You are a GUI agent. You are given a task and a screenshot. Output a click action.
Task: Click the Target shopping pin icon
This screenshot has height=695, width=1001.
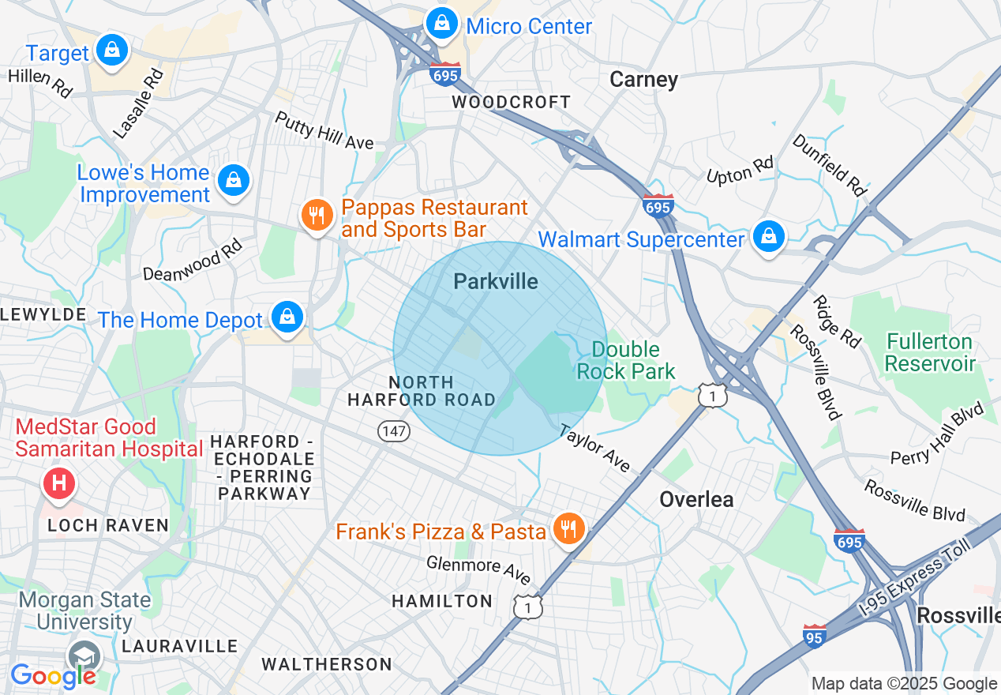point(112,51)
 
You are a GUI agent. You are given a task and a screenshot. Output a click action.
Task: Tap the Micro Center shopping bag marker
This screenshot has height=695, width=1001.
point(442,23)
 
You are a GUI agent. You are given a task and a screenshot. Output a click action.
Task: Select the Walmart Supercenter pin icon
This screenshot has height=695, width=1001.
point(768,236)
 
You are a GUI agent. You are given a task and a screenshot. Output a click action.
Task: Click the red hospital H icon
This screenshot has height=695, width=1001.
point(58,483)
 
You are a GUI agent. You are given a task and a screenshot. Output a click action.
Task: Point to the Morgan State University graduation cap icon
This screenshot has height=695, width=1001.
point(84,656)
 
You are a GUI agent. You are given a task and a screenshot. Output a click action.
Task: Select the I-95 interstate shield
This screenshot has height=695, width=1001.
point(815,636)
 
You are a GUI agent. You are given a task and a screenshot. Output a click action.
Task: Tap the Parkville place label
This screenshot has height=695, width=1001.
point(496,282)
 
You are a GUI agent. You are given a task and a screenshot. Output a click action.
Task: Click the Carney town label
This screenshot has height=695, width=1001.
point(643,80)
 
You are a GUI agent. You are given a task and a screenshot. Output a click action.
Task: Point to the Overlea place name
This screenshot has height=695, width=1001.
point(696,499)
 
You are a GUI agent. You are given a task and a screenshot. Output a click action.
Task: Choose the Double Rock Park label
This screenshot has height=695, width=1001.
point(626,360)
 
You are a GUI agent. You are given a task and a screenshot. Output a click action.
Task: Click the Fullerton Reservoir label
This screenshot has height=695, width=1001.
point(930,353)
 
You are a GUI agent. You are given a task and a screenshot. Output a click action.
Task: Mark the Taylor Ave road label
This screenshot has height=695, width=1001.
point(595,449)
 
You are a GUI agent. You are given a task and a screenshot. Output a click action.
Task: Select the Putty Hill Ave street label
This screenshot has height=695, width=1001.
point(324,130)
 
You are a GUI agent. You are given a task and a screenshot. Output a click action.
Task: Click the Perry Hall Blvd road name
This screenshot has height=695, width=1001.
point(937,434)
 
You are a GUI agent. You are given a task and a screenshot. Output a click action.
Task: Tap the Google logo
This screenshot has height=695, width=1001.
point(53,676)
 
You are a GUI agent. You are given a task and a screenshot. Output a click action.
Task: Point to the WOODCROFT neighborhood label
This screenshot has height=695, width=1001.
point(511,103)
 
